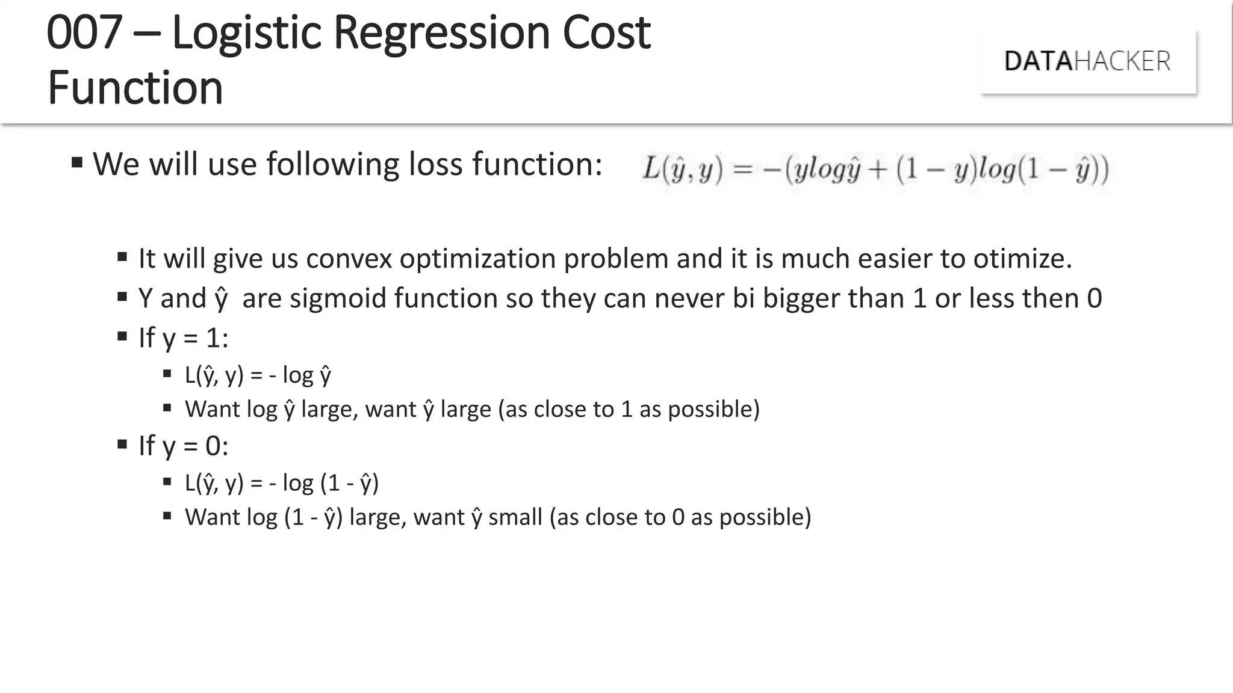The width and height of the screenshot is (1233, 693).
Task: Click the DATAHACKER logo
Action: pos(1087,61)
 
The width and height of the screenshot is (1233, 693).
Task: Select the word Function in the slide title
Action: pos(135,88)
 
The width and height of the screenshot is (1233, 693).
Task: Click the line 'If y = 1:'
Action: pos(183,338)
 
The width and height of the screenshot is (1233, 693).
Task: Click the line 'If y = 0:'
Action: pos(183,446)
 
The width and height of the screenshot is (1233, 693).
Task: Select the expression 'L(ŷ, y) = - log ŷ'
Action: pos(258,375)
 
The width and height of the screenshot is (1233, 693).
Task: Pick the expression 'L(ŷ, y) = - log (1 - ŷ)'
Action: pos(281,483)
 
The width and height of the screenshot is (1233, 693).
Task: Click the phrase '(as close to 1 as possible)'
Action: pos(629,409)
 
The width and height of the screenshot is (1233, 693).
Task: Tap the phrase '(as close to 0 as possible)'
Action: pos(680,517)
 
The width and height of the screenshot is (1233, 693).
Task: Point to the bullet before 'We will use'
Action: pos(76,162)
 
